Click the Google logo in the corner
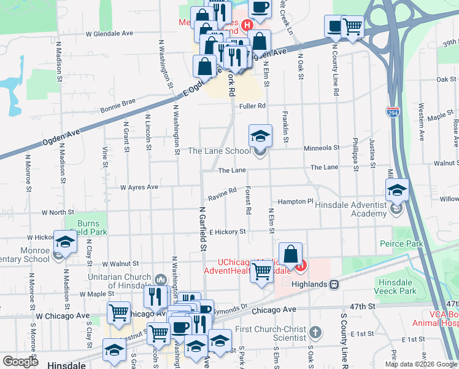(x=20, y=361)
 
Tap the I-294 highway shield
(x=391, y=112)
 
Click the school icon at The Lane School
(x=260, y=135)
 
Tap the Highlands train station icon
(x=334, y=285)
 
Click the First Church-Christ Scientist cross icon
(x=315, y=333)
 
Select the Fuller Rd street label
(x=252, y=106)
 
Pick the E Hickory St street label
(x=227, y=232)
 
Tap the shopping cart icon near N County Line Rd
(x=352, y=26)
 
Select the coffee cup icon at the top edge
(x=260, y=7)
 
